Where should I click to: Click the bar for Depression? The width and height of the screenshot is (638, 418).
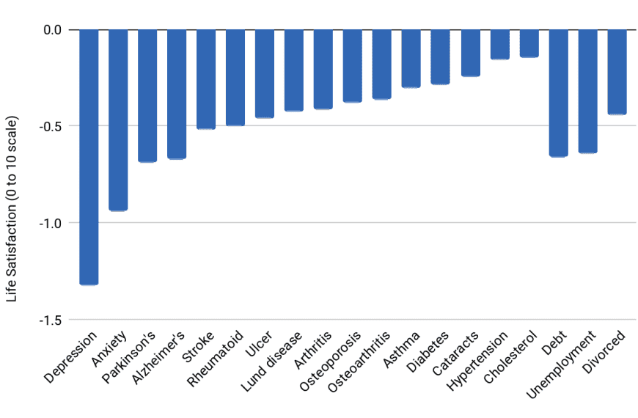pyautogui.click(x=89, y=157)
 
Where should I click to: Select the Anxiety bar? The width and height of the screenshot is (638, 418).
pyautogui.click(x=118, y=120)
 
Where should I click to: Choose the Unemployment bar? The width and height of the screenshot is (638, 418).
pyautogui.click(x=587, y=92)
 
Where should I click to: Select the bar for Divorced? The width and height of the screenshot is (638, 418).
pyautogui.click(x=617, y=72)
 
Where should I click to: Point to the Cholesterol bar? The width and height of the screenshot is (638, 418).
pyautogui.click(x=529, y=43)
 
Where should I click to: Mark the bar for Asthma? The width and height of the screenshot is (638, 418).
pyautogui.click(x=411, y=59)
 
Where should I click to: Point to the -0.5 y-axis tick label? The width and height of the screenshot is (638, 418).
pyautogui.click(x=54, y=126)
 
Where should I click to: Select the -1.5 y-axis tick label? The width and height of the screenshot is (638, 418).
pyautogui.click(x=54, y=320)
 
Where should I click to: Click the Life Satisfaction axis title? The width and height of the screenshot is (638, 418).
pyautogui.click(x=12, y=209)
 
